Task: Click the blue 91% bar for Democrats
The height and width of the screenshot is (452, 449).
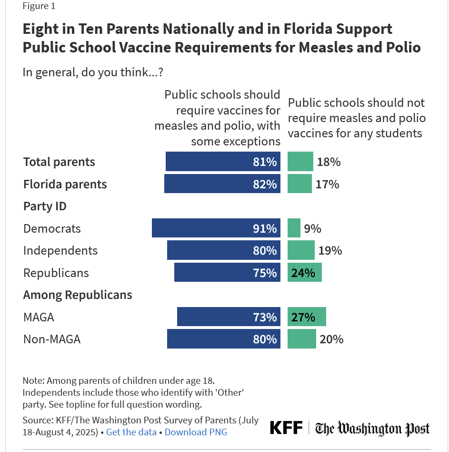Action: [216, 228]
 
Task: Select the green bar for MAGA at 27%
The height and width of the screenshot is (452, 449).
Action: [307, 317]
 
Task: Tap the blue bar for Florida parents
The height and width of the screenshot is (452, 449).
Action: [222, 184]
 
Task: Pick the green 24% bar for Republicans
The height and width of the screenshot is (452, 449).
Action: [305, 273]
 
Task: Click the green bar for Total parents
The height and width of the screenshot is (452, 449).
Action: [300, 162]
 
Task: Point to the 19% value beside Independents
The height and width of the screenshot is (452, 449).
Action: [330, 250]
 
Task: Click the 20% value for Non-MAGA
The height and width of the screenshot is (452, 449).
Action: [332, 339]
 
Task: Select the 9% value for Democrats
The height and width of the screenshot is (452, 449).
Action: [313, 228]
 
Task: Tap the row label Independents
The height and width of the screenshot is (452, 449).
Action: [60, 250]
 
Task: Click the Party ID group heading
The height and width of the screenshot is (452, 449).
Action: [45, 206]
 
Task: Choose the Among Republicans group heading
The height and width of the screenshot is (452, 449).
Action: [78, 295]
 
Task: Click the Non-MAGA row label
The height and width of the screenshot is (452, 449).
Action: [52, 339]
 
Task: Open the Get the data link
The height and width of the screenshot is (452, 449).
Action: [131, 432]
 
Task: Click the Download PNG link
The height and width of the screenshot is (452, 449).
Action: [196, 432]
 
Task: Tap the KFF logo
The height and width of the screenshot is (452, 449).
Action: [286, 428]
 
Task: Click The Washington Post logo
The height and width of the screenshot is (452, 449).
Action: [372, 428]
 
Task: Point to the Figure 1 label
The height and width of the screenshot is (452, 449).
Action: [39, 6]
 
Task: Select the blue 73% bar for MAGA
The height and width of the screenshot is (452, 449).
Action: [229, 317]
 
